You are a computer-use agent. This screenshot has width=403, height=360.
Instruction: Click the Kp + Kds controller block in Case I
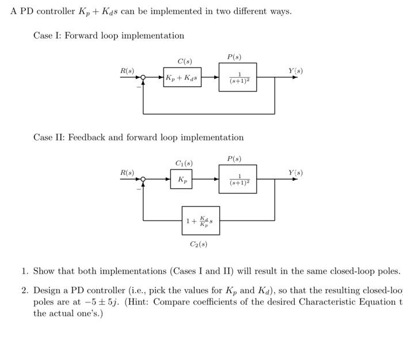(182, 77)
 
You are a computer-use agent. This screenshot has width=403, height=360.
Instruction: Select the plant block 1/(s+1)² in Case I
(238, 77)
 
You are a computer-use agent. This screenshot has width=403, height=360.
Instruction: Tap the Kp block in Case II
(181, 179)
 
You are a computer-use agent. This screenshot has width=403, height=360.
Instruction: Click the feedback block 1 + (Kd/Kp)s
(200, 221)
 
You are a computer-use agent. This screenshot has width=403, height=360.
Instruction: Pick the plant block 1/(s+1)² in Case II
(238, 179)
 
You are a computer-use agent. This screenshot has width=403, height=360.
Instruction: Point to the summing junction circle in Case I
(143, 77)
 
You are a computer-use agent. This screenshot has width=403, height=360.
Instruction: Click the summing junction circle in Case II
(143, 179)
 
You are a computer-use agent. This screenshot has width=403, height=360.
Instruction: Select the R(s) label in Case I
(127, 70)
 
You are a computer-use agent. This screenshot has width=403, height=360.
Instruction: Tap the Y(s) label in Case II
(295, 172)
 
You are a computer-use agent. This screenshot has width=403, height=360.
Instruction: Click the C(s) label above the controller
(185, 61)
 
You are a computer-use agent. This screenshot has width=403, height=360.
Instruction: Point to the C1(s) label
(184, 163)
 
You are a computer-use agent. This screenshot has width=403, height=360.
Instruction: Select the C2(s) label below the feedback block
(199, 244)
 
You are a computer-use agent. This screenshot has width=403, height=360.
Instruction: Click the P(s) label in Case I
(234, 56)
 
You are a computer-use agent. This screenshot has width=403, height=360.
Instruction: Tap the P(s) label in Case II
(234, 158)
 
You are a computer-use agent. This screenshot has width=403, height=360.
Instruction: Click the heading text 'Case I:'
(48, 36)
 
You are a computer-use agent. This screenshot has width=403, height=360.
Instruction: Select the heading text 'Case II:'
(50, 138)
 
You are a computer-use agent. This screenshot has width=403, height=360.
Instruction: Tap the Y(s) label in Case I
(295, 71)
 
